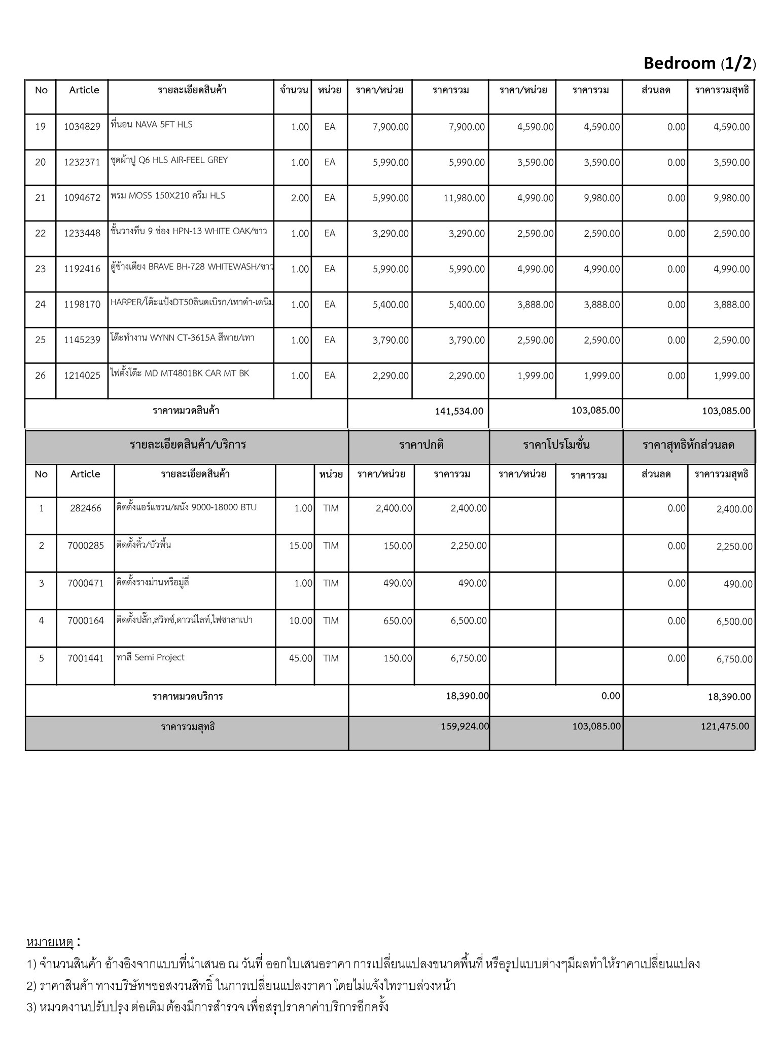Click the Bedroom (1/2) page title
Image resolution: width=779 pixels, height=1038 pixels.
click(x=699, y=63)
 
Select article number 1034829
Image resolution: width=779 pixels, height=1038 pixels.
click(x=82, y=127)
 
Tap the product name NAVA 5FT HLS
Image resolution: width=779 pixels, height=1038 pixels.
click(x=151, y=125)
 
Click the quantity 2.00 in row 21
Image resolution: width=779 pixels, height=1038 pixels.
click(x=300, y=198)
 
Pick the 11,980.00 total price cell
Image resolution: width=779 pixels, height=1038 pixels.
click(x=464, y=198)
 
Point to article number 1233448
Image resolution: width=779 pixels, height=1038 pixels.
click(x=82, y=234)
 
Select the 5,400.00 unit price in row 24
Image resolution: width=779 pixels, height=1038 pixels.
click(x=391, y=305)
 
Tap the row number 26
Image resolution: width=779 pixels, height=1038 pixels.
click(x=41, y=376)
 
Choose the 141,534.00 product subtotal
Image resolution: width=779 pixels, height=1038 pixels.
click(x=459, y=411)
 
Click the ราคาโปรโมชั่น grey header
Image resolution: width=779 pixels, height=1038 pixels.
click(x=556, y=446)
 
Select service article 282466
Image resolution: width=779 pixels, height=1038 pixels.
click(x=86, y=508)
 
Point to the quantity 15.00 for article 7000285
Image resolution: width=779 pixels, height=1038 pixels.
click(x=301, y=546)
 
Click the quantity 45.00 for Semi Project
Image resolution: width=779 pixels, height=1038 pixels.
click(x=301, y=658)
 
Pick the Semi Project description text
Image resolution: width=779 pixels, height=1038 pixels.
click(x=151, y=658)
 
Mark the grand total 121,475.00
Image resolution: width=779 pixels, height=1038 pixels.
click(x=725, y=726)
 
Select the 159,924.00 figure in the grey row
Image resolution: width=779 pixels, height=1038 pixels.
click(x=465, y=726)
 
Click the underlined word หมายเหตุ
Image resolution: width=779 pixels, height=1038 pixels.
click(x=50, y=943)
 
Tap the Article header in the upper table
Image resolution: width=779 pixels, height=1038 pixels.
click(x=84, y=90)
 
